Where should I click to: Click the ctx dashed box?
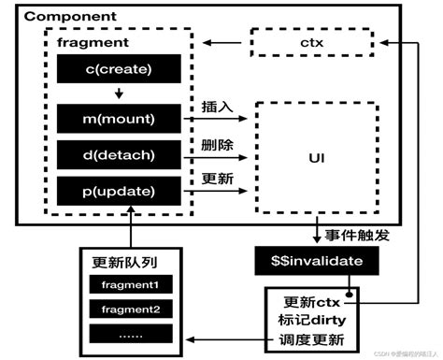310,42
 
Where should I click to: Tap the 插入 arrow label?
217,107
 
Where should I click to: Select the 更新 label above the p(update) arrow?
217,180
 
